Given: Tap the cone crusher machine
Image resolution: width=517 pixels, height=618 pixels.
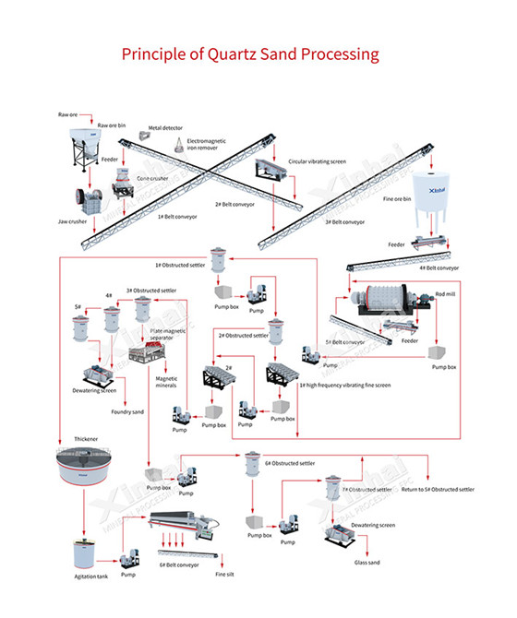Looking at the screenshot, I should pos(125,191).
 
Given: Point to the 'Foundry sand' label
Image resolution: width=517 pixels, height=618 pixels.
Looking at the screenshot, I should pos(127,411).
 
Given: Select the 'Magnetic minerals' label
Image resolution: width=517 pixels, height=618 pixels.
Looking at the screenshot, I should pos(166,382).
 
